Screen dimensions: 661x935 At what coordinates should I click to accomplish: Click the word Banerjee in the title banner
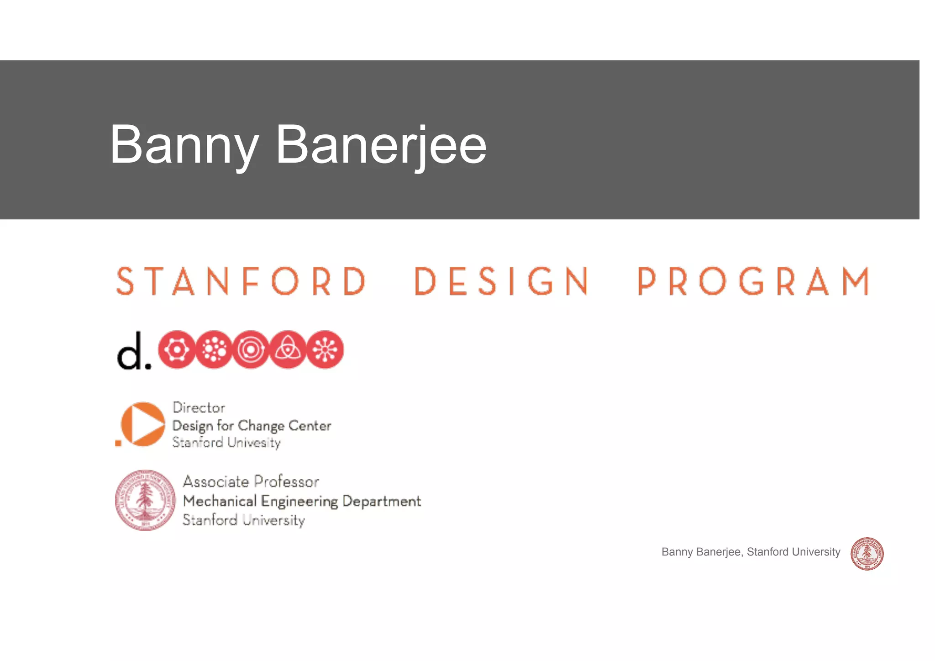pyautogui.click(x=381, y=145)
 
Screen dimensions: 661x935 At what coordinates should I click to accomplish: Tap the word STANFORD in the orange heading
pyautogui.click(x=241, y=281)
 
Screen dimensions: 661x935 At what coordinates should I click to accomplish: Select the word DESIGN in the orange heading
pyautogui.click(x=501, y=281)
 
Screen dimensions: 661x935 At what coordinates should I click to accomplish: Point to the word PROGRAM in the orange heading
pyautogui.click(x=753, y=281)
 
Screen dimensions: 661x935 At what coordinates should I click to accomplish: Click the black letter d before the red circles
pyautogui.click(x=130, y=351)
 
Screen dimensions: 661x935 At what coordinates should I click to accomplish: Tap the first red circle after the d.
pyautogui.click(x=177, y=349)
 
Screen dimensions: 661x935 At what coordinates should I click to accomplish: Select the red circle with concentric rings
pyautogui.click(x=251, y=349)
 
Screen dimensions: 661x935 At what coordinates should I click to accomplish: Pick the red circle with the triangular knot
pyautogui.click(x=288, y=349)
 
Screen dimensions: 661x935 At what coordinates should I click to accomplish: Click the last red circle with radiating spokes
pyautogui.click(x=325, y=349)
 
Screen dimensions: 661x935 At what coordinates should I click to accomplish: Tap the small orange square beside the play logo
pyautogui.click(x=118, y=443)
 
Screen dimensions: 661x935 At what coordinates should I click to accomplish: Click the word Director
pyautogui.click(x=199, y=407)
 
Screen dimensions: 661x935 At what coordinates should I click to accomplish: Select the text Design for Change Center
pyautogui.click(x=252, y=426)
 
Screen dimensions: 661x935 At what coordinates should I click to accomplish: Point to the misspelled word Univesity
pyautogui.click(x=254, y=443)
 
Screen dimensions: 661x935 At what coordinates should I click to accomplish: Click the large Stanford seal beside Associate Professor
pyautogui.click(x=145, y=500)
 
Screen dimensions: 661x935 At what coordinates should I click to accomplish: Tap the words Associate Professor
pyautogui.click(x=251, y=481)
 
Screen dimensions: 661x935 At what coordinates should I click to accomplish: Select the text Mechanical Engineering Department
pyautogui.click(x=302, y=501)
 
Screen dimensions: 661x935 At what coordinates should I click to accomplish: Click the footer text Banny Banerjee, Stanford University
pyautogui.click(x=751, y=552)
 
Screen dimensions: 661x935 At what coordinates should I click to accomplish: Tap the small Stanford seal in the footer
pyautogui.click(x=867, y=554)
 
